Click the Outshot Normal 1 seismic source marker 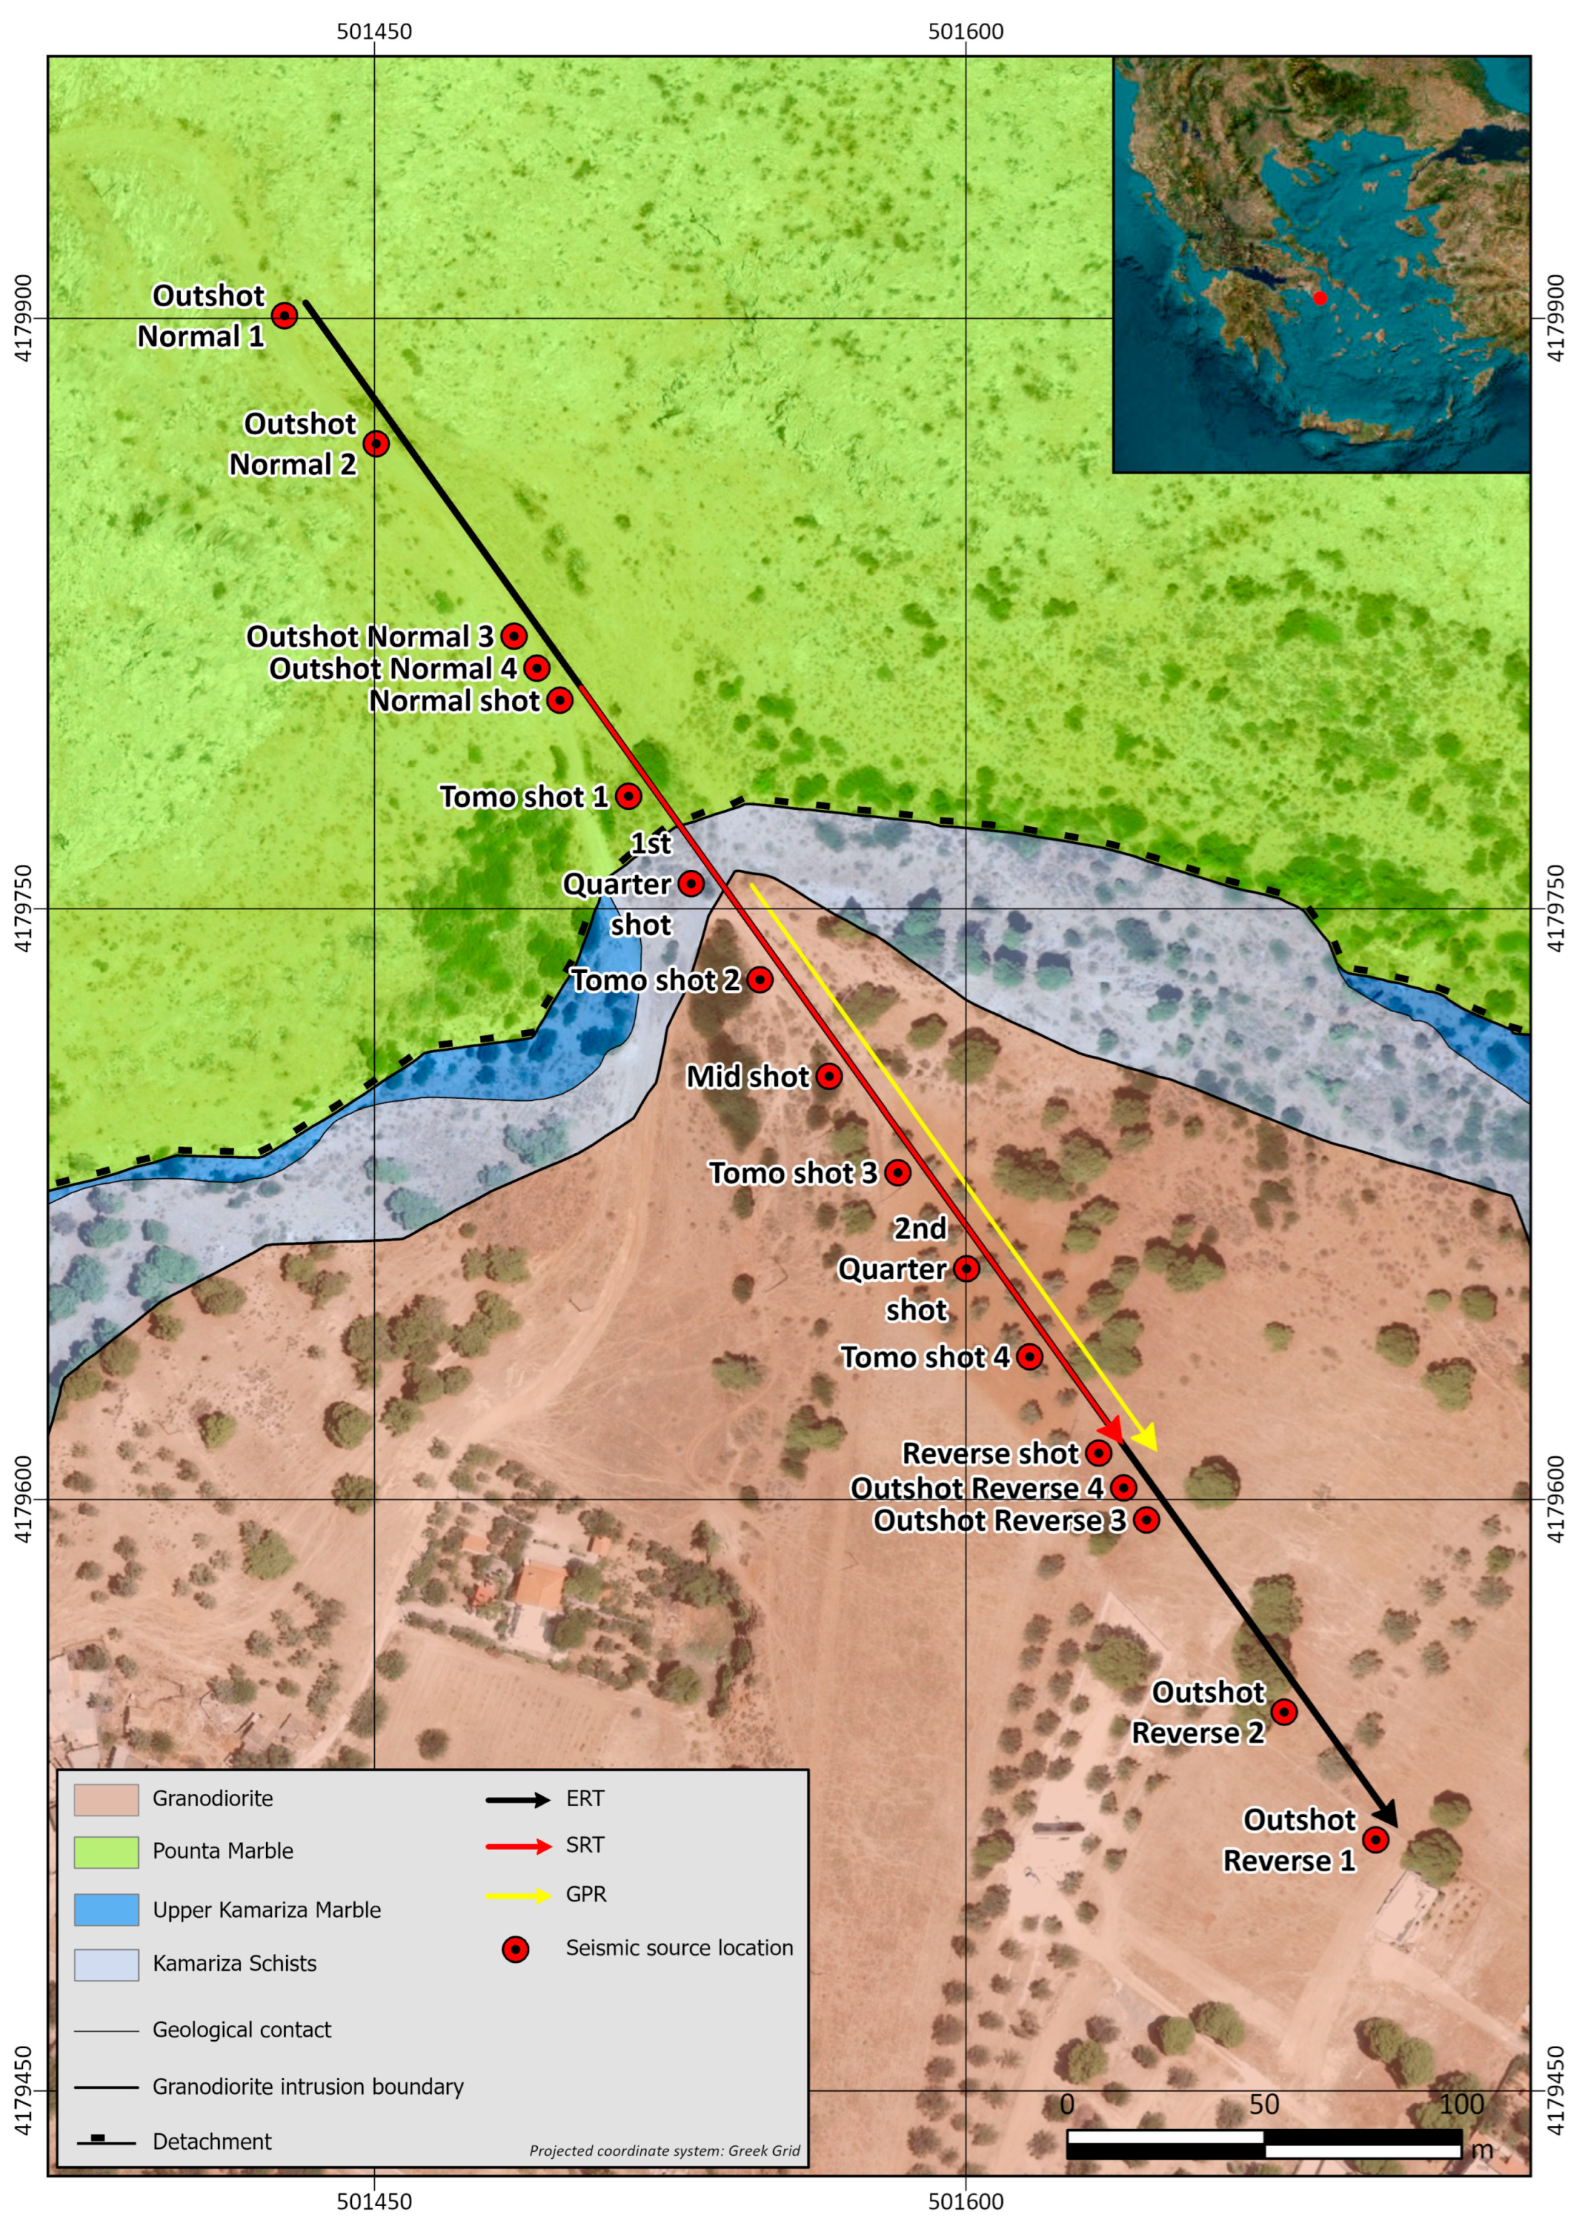(284, 315)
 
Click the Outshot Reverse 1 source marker (1375, 1840)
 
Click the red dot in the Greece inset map (1320, 298)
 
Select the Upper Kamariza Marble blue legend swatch (107, 1910)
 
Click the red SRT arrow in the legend (519, 1846)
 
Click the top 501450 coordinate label (374, 31)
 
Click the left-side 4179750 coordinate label (24, 908)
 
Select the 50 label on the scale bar (1264, 2105)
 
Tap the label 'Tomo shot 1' (523, 796)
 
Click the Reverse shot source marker (1099, 1453)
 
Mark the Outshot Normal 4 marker (536, 669)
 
